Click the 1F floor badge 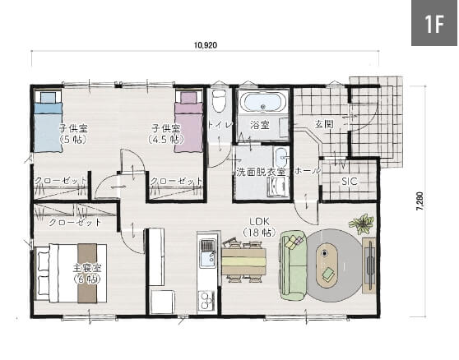pyautogui.click(x=434, y=23)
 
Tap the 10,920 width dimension pyautogui.click(x=206, y=45)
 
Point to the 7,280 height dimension pyautogui.click(x=420, y=201)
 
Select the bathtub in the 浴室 pyautogui.click(x=262, y=101)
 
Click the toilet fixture pyautogui.click(x=219, y=100)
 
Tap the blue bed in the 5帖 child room pyautogui.click(x=49, y=122)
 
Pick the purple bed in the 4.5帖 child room pyautogui.click(x=189, y=122)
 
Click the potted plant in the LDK pyautogui.click(x=362, y=224)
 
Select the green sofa pyautogui.click(x=294, y=265)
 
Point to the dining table pyautogui.click(x=243, y=261)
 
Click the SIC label pyautogui.click(x=350, y=182)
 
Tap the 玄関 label pyautogui.click(x=324, y=124)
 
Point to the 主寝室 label pyautogui.click(x=87, y=268)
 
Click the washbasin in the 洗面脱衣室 pyautogui.click(x=280, y=156)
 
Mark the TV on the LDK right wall pyautogui.click(x=370, y=265)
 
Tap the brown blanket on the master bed pyautogui.click(x=87, y=273)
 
